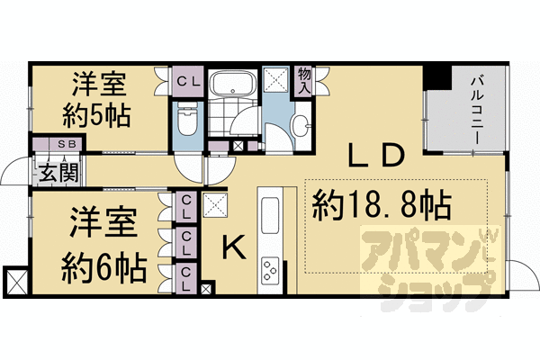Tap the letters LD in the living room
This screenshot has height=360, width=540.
tap(374, 157)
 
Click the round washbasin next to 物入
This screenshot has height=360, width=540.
tap(304, 125)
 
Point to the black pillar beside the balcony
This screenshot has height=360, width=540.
tap(436, 77)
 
